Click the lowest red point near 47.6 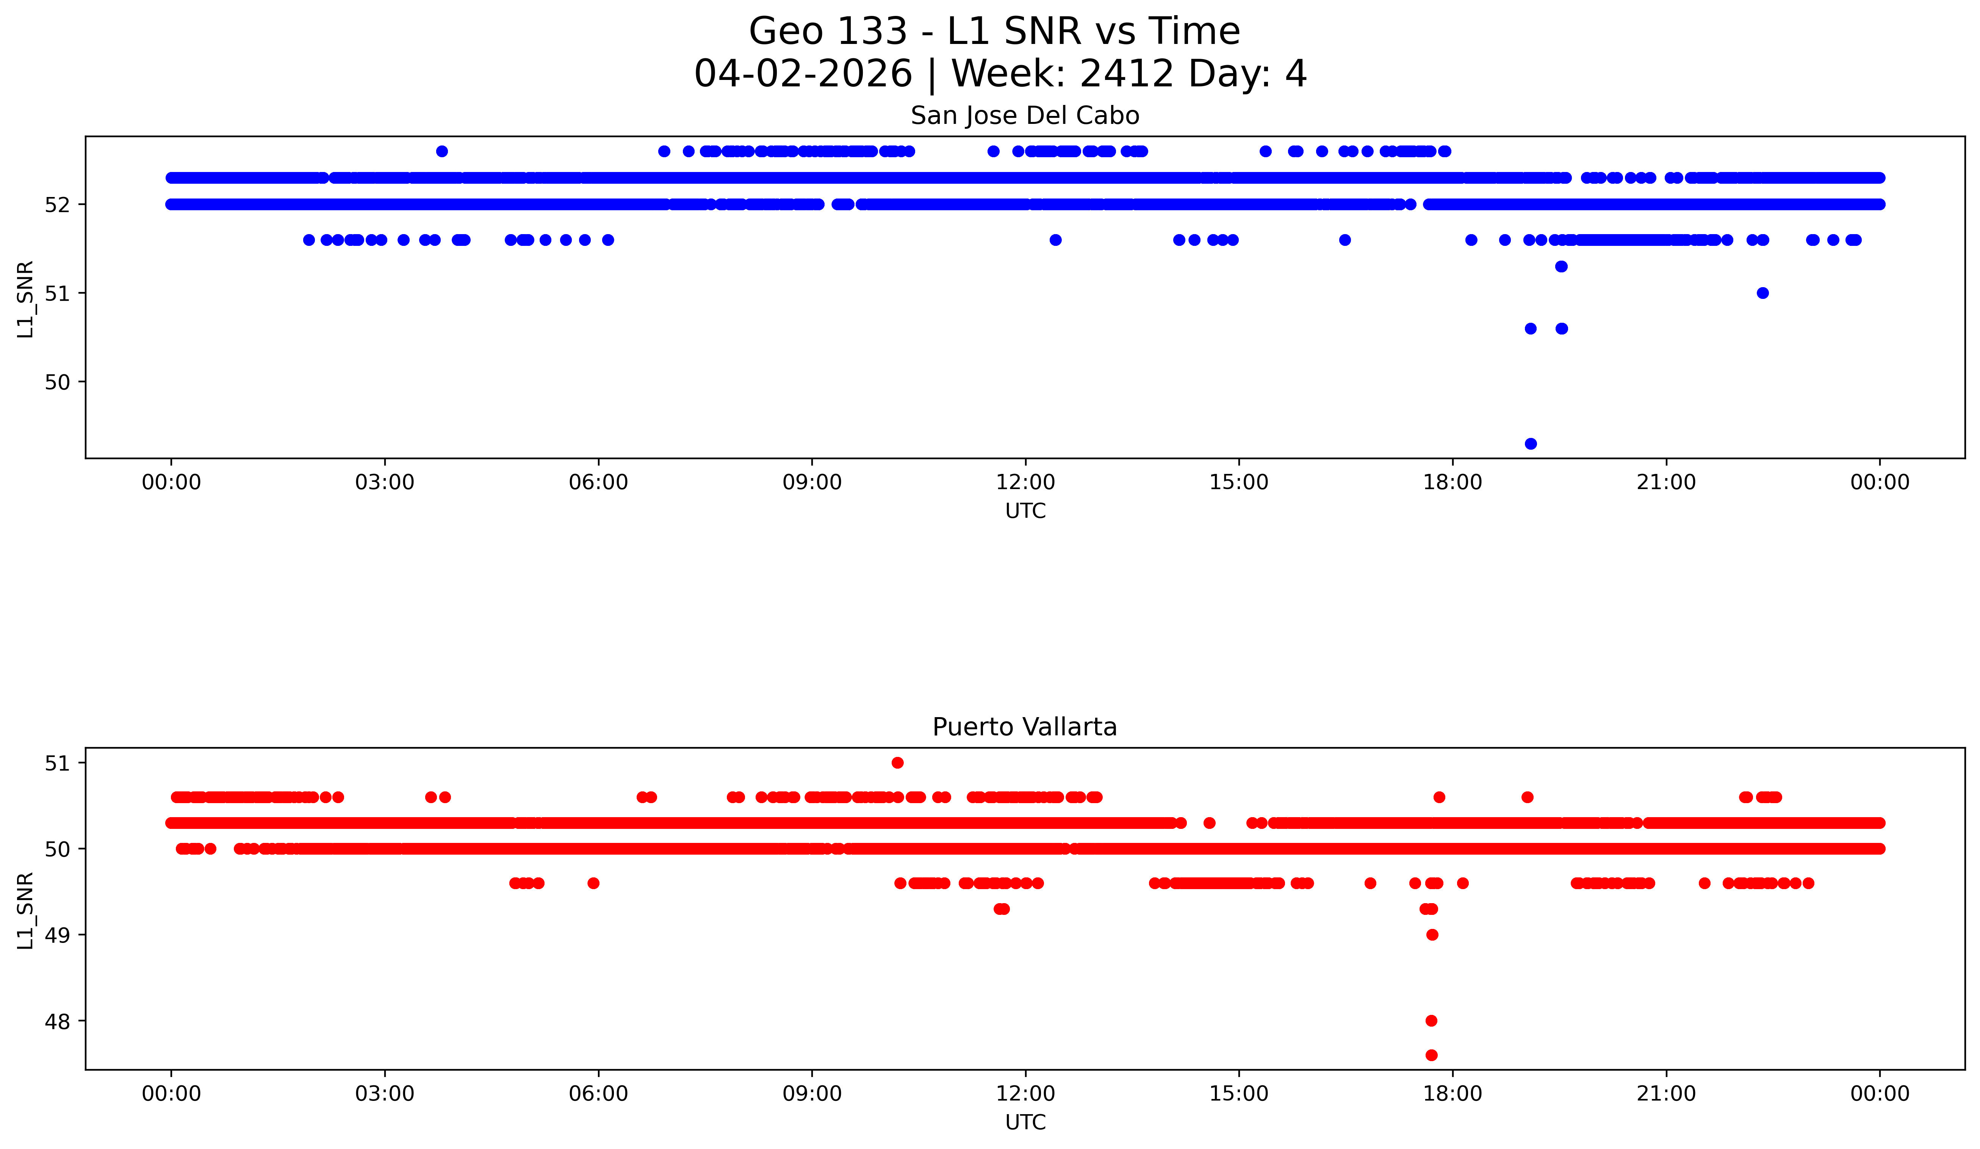pos(1432,1055)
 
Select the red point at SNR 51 pos(897,763)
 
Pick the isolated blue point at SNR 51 pos(1762,293)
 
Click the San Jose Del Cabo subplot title pos(1025,116)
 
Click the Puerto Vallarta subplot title pos(1025,727)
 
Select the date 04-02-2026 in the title pos(803,74)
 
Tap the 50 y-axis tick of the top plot pos(57,383)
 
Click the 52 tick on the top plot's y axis pos(57,205)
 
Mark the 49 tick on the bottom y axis pos(57,935)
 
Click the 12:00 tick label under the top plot pos(1025,482)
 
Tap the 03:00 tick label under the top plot pos(385,482)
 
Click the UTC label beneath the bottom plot pos(1025,1122)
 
